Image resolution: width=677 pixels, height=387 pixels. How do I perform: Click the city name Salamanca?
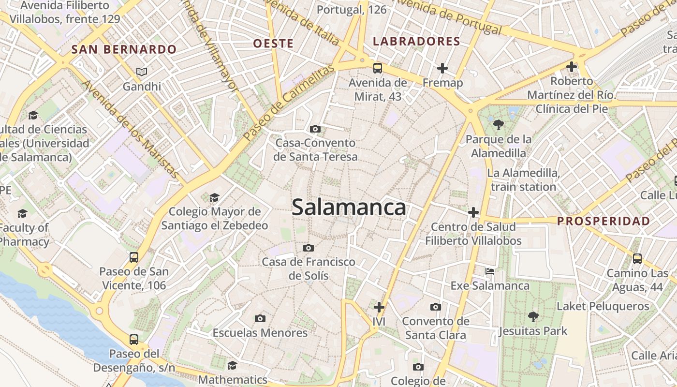pyautogui.click(x=349, y=208)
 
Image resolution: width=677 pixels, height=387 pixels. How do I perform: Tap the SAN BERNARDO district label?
pyautogui.click(x=124, y=49)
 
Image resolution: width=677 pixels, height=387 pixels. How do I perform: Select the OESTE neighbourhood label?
pyautogui.click(x=273, y=44)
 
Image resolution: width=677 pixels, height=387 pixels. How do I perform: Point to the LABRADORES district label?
pyautogui.click(x=416, y=42)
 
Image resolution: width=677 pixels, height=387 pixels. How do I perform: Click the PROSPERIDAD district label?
pyautogui.click(x=603, y=221)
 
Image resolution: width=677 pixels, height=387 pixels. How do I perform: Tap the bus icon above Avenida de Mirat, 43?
pyautogui.click(x=378, y=68)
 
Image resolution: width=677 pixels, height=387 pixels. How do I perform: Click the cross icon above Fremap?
pyautogui.click(x=442, y=68)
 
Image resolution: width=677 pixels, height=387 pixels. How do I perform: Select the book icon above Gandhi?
pyautogui.click(x=141, y=72)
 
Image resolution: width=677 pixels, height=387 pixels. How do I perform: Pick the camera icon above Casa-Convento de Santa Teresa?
pyautogui.click(x=315, y=129)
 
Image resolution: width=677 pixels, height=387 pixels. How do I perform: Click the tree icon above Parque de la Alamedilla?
pyautogui.click(x=499, y=125)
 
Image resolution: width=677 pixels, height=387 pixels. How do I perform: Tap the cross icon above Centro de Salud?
pyautogui.click(x=473, y=212)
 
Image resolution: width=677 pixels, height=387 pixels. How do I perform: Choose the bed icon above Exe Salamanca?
pyautogui.click(x=490, y=271)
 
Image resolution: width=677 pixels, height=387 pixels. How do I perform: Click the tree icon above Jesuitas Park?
pyautogui.click(x=533, y=317)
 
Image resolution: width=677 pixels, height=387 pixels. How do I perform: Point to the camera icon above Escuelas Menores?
pyautogui.click(x=260, y=318)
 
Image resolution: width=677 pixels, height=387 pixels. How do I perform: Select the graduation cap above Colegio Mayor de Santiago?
pyautogui.click(x=214, y=197)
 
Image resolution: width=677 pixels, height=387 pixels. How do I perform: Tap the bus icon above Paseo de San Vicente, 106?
pyautogui.click(x=134, y=257)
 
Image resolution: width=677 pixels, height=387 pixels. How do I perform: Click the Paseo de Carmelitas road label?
pyautogui.click(x=289, y=103)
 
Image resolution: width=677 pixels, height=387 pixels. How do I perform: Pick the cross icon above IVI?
pyautogui.click(x=379, y=307)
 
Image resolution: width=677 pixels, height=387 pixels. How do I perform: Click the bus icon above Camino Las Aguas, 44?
pyautogui.click(x=637, y=258)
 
